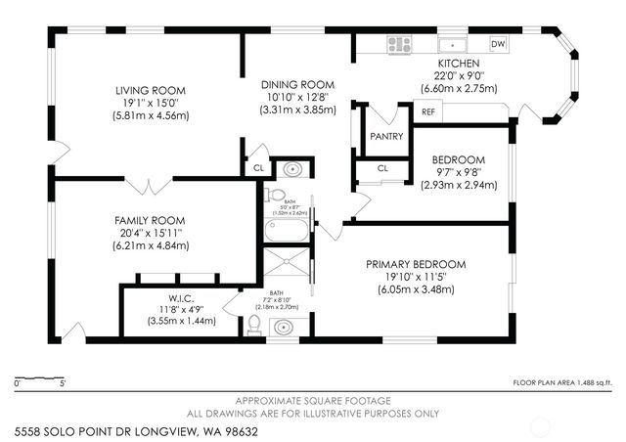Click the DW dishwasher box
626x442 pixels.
coord(497,44)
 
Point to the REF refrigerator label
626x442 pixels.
coord(427,112)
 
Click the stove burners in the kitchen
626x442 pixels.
coord(397,43)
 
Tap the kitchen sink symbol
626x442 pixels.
coord(452,44)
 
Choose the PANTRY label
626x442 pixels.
coord(386,137)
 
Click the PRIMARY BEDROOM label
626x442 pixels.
coord(415,265)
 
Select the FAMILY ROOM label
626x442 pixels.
coord(144,220)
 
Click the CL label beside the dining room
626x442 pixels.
coord(258,167)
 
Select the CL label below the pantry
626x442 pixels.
coord(382,168)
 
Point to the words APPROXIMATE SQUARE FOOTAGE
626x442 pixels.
coord(313,401)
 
